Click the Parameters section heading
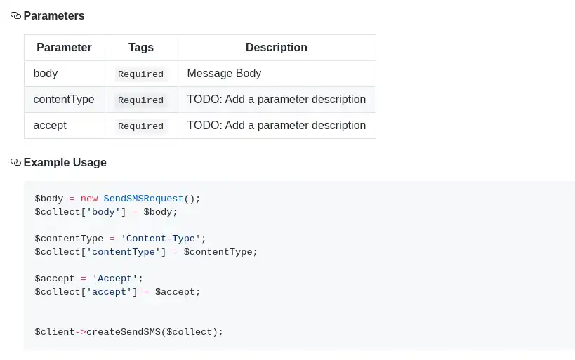[54, 15]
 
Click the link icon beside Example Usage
[15, 162]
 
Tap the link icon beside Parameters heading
[15, 15]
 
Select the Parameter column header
[64, 48]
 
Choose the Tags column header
[141, 48]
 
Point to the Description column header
[276, 48]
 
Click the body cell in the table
[46, 73]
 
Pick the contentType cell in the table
[64, 99]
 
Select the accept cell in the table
[50, 125]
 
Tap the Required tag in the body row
[140, 74]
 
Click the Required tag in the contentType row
[140, 100]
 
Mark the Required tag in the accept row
[140, 126]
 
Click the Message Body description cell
[224, 73]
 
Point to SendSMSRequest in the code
[143, 199]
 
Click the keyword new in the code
[89, 199]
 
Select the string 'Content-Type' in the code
[161, 239]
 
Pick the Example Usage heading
[65, 162]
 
